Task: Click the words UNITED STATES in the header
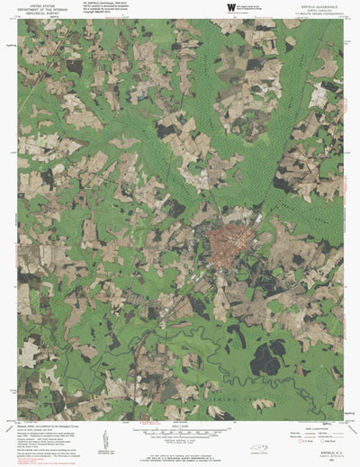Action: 41,4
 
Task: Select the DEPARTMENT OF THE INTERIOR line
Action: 41,9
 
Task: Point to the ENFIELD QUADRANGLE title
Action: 317,4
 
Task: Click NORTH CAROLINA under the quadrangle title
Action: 317,9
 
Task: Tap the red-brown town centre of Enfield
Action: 227,243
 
